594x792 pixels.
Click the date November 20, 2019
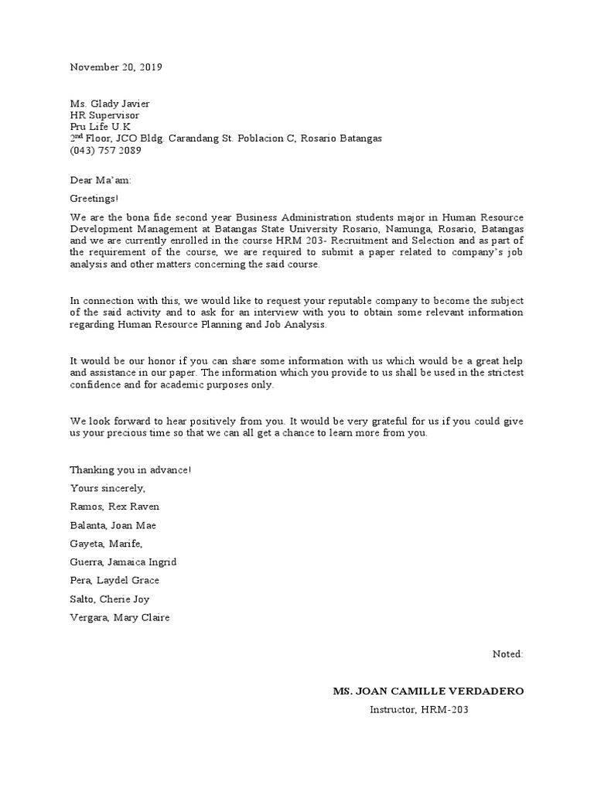[116, 67]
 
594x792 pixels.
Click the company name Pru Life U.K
[101, 127]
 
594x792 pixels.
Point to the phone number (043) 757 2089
[106, 150]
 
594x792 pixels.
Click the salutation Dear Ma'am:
[101, 180]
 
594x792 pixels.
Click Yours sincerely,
[108, 488]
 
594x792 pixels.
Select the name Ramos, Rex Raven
[114, 507]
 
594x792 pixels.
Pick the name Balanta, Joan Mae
[114, 525]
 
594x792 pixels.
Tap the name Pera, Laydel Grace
[114, 581]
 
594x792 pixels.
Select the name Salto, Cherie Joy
[110, 599]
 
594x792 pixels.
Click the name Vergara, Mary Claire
[119, 618]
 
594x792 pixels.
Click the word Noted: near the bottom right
[507, 654]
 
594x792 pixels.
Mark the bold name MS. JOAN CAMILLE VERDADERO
[428, 691]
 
